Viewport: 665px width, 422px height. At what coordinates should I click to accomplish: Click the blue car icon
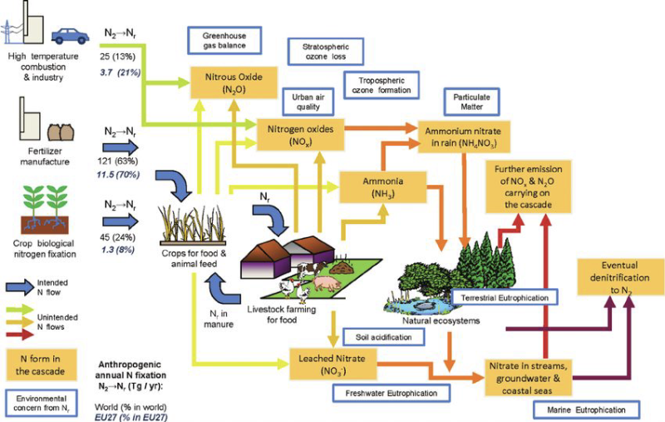pyautogui.click(x=71, y=36)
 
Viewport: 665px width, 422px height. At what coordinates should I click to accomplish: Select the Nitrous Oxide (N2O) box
pyautogui.click(x=234, y=82)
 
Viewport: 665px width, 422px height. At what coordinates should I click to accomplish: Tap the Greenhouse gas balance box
pyautogui.click(x=224, y=41)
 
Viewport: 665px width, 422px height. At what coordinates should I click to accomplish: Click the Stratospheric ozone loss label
pyautogui.click(x=326, y=52)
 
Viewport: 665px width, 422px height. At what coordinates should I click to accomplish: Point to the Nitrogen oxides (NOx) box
pyautogui.click(x=300, y=135)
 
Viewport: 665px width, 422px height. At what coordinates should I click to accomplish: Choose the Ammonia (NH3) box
pyautogui.click(x=383, y=187)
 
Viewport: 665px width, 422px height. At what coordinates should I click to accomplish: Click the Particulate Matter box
pyautogui.click(x=471, y=102)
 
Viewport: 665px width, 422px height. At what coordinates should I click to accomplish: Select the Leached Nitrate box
pyautogui.click(x=333, y=364)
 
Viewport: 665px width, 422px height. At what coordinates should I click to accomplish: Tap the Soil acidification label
pyautogui.click(x=383, y=337)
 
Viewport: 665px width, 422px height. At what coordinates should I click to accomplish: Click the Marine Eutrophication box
pyautogui.click(x=586, y=410)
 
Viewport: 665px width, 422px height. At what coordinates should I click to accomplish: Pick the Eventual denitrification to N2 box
pyautogui.click(x=619, y=277)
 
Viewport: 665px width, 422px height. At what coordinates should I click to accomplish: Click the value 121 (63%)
pyautogui.click(x=118, y=161)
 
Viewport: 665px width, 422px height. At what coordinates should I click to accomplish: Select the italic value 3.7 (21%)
pyautogui.click(x=121, y=72)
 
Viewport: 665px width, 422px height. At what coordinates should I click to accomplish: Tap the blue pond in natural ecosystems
pyautogui.click(x=418, y=305)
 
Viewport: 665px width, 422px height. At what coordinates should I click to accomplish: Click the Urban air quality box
pyautogui.click(x=308, y=102)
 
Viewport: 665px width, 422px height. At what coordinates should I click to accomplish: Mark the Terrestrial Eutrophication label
pyautogui.click(x=505, y=298)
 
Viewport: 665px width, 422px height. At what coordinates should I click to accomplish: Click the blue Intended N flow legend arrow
pyautogui.click(x=19, y=287)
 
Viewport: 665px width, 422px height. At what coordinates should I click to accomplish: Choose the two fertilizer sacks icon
pyautogui.click(x=61, y=132)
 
